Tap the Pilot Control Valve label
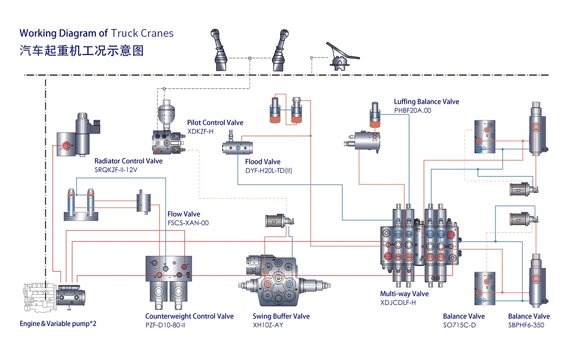215,123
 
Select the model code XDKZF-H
200,131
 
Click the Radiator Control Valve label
128,161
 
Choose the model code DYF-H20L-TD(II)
268,171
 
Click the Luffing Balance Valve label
426,102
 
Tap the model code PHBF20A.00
412,110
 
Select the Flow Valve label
184,214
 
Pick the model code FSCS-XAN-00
188,223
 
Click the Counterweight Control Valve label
190,316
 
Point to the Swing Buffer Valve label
281,316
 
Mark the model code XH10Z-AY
268,325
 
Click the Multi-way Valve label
404,294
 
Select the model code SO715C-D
459,325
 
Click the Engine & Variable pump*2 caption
58,324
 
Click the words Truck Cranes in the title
142,33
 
